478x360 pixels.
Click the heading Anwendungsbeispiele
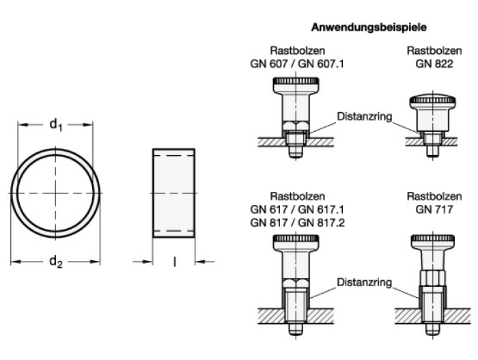tap(369, 27)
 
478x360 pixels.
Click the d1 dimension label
tap(56, 124)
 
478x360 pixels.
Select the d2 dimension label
tap(56, 262)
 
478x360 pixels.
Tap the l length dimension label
tap(174, 262)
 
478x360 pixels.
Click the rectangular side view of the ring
tap(173, 193)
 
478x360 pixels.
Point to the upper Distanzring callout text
tap(365, 117)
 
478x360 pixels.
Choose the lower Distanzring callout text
tap(365, 282)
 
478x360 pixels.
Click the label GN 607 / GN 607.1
tap(297, 64)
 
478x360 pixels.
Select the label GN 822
tap(434, 64)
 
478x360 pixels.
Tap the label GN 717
tap(434, 210)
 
